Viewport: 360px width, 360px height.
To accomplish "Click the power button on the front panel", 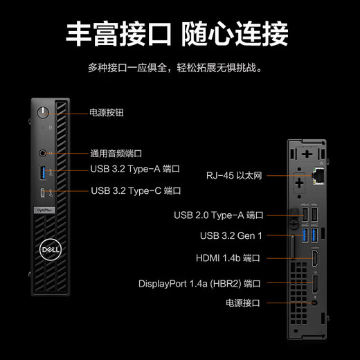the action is tap(43, 113).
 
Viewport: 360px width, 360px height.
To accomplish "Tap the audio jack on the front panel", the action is tap(42, 153).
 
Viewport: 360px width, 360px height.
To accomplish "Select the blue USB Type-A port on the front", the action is tap(43, 172).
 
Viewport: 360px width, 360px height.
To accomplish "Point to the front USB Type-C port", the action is tap(42, 192).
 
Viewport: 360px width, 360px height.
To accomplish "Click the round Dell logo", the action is tap(51, 250).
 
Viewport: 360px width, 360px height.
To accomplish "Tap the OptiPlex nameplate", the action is tap(44, 210).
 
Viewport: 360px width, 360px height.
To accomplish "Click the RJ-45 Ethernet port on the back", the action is tap(318, 176).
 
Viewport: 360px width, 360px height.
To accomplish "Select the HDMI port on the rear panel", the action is tap(315, 258).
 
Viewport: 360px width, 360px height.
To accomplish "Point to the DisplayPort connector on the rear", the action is tap(315, 284).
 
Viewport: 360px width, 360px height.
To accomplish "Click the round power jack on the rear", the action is tap(314, 303).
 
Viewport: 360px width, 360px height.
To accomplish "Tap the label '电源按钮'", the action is tap(107, 113).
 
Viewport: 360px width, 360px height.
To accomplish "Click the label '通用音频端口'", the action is tap(116, 154).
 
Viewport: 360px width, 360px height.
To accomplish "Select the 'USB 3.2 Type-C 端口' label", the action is tap(136, 191).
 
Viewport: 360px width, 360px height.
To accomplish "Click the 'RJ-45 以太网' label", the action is tap(234, 176).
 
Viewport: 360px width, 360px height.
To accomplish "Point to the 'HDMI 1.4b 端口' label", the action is tap(228, 258).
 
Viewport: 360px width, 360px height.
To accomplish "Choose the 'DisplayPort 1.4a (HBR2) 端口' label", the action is tap(199, 284).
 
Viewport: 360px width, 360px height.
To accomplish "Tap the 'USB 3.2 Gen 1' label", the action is tap(231, 236).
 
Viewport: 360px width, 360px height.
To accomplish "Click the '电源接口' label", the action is tap(243, 303).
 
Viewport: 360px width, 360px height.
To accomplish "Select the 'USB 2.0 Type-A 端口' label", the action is tap(219, 215).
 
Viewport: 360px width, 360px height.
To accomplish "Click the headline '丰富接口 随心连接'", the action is tap(177, 34).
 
